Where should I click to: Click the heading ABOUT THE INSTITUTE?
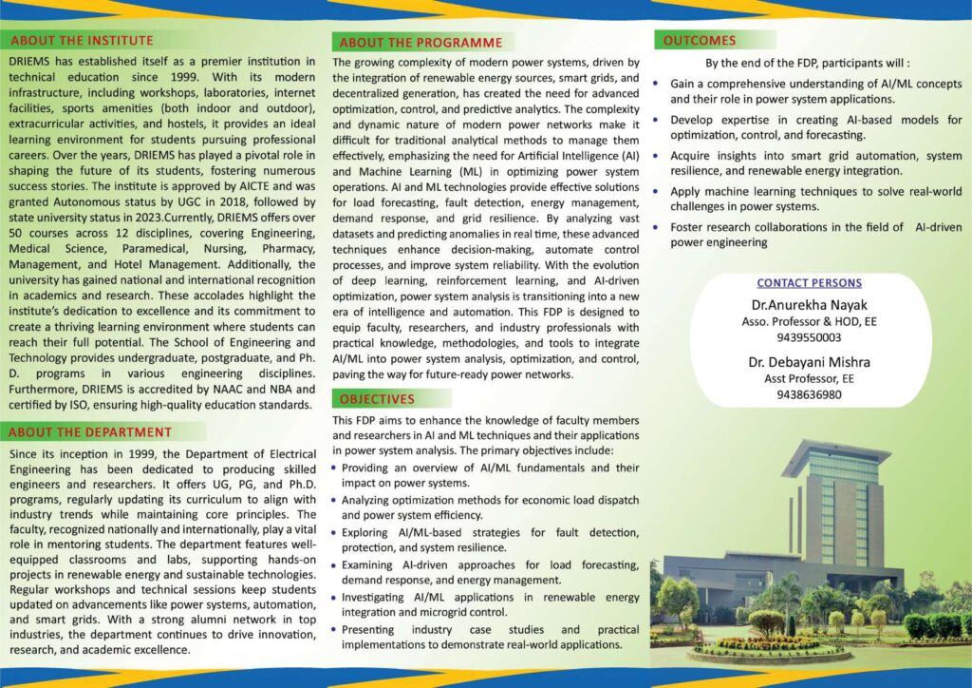(x=81, y=40)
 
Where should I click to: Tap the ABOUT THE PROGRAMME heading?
(x=421, y=43)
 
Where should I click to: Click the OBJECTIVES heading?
(x=378, y=399)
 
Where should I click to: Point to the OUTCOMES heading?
(x=700, y=40)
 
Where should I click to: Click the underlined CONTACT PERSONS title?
(x=809, y=283)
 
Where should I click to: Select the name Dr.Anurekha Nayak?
(x=809, y=305)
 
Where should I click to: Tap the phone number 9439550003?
(x=809, y=337)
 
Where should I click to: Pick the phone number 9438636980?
(x=809, y=394)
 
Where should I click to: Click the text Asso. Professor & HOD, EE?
(x=809, y=322)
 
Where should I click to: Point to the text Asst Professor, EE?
(x=809, y=378)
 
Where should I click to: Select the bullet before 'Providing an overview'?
(x=334, y=468)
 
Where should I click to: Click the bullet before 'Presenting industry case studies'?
(x=334, y=630)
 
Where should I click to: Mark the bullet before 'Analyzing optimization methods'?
(x=334, y=501)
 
